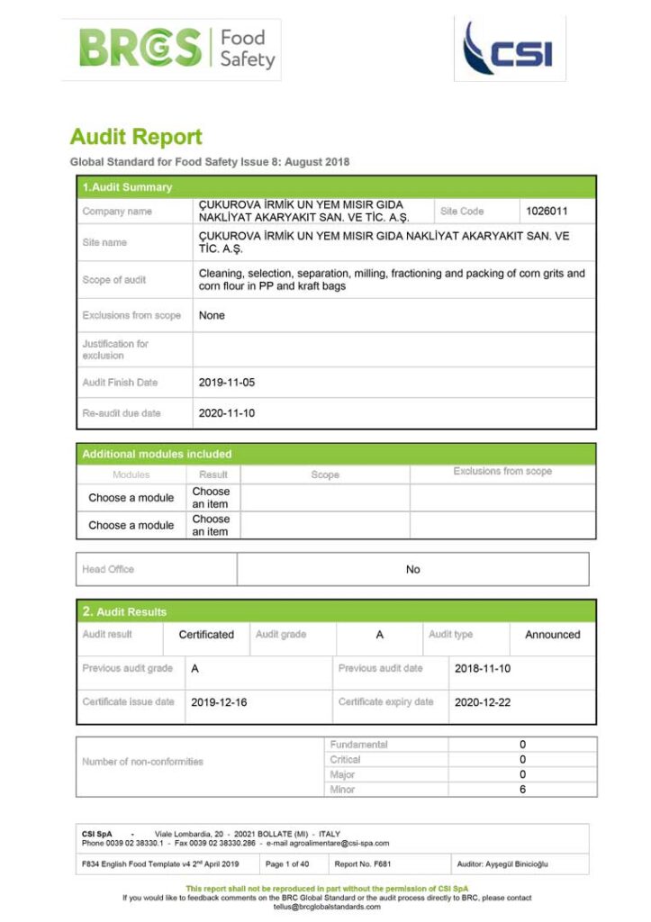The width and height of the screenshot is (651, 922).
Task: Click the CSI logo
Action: pos(509,49)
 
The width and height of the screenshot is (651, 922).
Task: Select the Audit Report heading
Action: pos(136,137)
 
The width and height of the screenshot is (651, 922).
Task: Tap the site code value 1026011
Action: pos(547,211)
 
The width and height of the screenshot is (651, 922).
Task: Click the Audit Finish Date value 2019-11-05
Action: pos(227,382)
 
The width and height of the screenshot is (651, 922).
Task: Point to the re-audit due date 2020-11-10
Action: pos(227,413)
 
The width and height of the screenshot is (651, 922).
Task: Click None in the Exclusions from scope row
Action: pos(212,315)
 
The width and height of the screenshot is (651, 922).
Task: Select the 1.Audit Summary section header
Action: pos(127,187)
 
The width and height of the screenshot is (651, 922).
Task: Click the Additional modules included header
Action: pos(157,454)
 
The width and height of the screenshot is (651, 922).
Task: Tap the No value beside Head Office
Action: pos(412,569)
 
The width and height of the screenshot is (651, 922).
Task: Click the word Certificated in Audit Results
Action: pos(206,635)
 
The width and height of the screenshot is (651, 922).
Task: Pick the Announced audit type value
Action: pos(552,635)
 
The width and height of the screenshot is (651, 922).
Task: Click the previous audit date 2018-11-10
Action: pos(483,669)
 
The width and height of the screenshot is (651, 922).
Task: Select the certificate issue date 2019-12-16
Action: pos(219,702)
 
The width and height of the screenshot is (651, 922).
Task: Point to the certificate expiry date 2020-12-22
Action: pos(483,702)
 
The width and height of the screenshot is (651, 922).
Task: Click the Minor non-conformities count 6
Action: pos(522,790)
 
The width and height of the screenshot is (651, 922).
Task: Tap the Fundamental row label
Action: pos(358,745)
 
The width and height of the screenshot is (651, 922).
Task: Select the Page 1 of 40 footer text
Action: pos(287,863)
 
